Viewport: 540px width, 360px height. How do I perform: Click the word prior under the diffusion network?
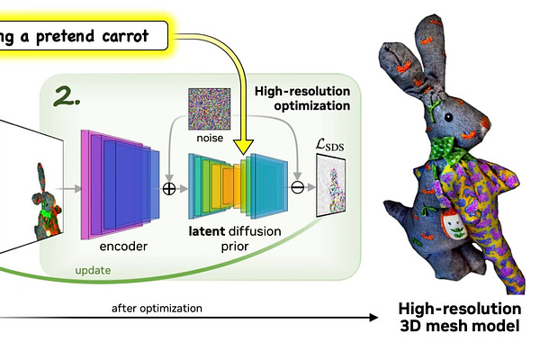point(237,247)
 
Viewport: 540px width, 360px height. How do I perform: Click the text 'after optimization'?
point(157,309)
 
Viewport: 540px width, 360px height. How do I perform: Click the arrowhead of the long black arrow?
point(372,317)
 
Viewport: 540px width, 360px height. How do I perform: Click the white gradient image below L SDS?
point(332,185)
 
